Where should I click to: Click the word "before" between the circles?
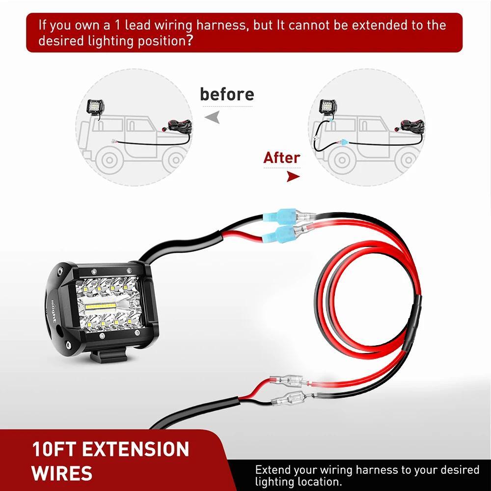pos(227,94)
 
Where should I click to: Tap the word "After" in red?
pos(281,158)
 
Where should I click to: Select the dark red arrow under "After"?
pos(293,177)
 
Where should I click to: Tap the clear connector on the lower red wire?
pos(289,381)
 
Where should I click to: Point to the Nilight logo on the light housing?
pos(53,311)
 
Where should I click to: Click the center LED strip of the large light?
pos(101,305)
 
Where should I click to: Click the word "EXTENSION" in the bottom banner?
pos(136,449)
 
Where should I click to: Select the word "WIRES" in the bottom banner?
pos(62,473)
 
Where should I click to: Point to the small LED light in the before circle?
pos(95,107)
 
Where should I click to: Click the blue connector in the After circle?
pos(344,142)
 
